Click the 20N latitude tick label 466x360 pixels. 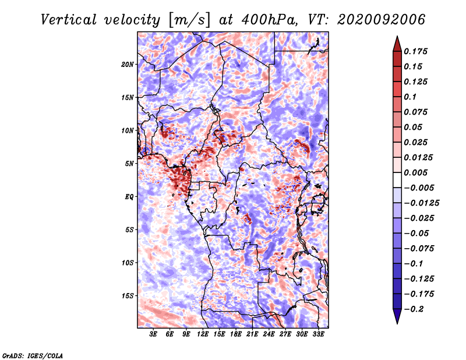pyautogui.click(x=128, y=65)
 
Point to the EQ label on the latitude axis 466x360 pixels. pyautogui.click(x=129, y=197)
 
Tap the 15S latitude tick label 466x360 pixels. pyautogui.click(x=128, y=296)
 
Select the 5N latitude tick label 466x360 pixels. pyautogui.click(x=129, y=164)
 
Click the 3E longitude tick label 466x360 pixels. pyautogui.click(x=153, y=334)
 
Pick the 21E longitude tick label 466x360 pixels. pyautogui.click(x=252, y=334)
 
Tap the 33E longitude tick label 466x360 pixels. pyautogui.click(x=318, y=334)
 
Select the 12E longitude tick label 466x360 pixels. pyautogui.click(x=202, y=334)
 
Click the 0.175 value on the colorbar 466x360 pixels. pyautogui.click(x=415, y=51)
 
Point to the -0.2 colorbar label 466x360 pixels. pyautogui.click(x=414, y=309)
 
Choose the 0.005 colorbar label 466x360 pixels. pyautogui.click(x=415, y=172)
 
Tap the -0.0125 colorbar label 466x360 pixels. pyautogui.click(x=421, y=203)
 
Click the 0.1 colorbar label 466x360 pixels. pyautogui.click(x=410, y=97)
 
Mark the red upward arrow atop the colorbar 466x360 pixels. pyautogui.click(x=397, y=44)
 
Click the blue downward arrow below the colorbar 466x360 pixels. pyautogui.click(x=397, y=316)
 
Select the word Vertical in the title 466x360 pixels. pyautogui.click(x=69, y=20)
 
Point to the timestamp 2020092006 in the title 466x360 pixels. pyautogui.click(x=381, y=20)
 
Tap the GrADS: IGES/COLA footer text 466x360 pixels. pyautogui.click(x=33, y=356)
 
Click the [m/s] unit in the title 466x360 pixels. pyautogui.click(x=189, y=20)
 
